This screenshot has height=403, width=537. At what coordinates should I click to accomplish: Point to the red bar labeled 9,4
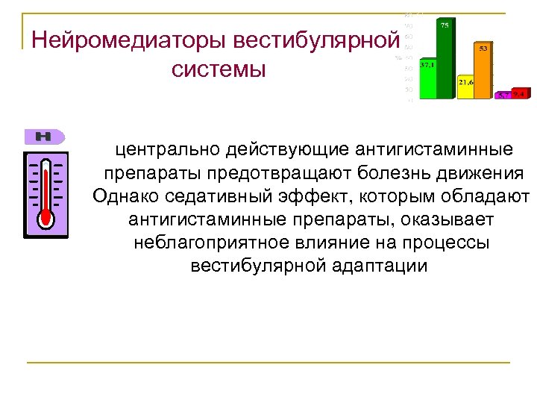521,95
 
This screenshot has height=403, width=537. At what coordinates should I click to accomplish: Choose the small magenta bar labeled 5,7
503,96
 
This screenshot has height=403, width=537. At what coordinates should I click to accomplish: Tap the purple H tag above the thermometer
45,137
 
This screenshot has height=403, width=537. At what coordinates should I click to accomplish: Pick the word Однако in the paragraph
124,197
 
